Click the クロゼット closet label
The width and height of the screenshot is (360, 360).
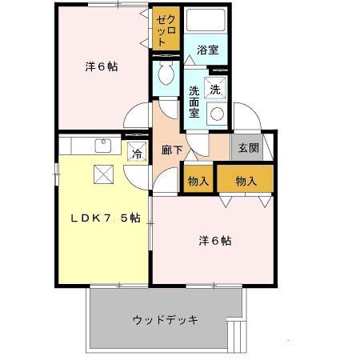[x=166, y=30]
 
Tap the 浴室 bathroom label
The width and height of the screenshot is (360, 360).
[x=208, y=50]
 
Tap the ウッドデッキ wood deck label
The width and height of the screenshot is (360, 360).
[x=165, y=321]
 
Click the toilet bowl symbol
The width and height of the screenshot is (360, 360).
[x=166, y=75]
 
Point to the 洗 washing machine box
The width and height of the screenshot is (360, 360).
[x=215, y=89]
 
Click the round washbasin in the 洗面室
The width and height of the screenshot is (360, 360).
[x=215, y=114]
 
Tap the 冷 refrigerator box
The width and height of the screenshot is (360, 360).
[x=136, y=153]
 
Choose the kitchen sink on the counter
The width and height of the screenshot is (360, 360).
[x=103, y=146]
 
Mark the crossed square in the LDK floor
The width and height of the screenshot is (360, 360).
[x=103, y=173]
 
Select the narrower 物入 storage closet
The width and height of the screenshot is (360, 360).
[x=198, y=181]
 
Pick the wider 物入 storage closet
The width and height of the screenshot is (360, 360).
[x=246, y=181]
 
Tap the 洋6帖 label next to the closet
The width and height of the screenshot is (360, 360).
[x=102, y=67]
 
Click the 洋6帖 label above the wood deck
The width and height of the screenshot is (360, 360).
[x=216, y=239]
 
